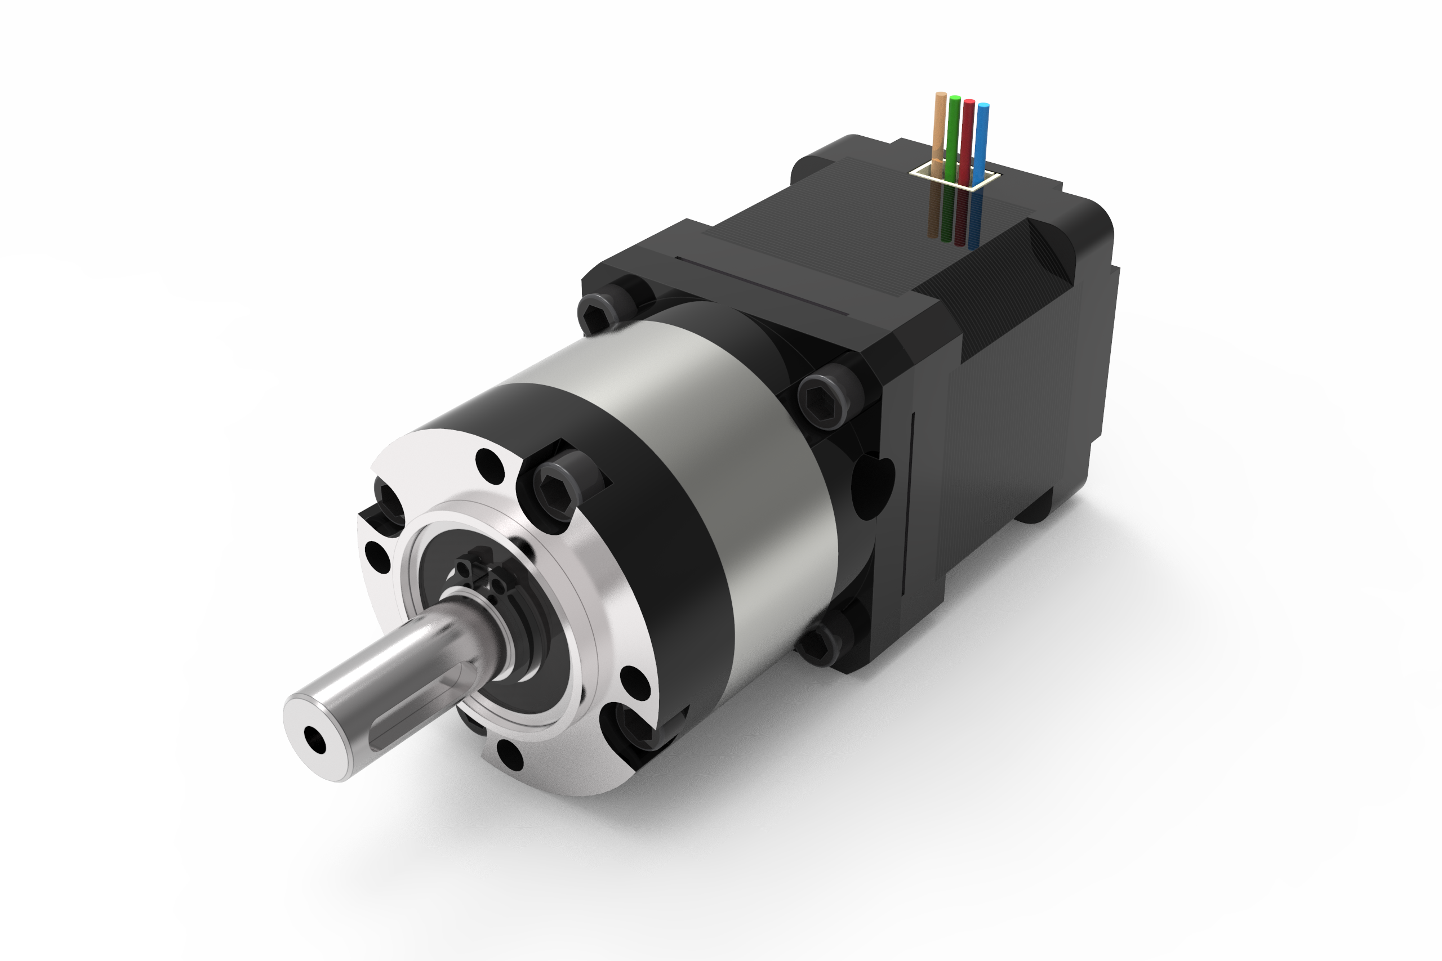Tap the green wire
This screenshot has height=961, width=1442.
953,132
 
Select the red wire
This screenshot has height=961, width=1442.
968,135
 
